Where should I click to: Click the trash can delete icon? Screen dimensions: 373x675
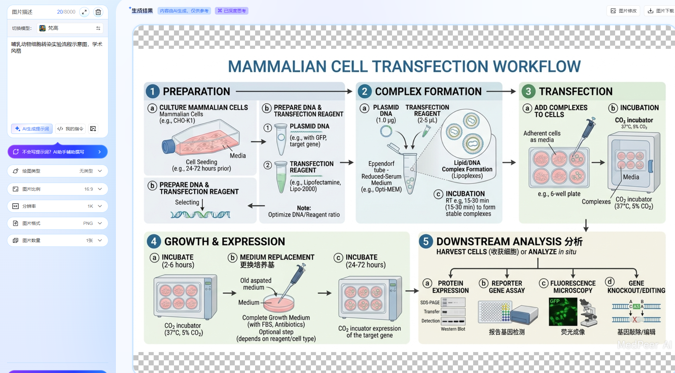[x=98, y=12]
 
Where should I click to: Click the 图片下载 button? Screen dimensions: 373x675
[x=661, y=11]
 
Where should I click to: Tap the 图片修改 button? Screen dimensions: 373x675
[x=623, y=11]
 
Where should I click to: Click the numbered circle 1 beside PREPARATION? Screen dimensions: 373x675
[x=152, y=91]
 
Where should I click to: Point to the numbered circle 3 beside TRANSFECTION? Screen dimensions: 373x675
[x=528, y=91]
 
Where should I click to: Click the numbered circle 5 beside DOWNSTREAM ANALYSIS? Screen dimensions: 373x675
[x=426, y=241]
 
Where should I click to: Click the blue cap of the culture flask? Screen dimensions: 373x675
[x=168, y=147]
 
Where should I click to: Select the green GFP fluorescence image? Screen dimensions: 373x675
[x=563, y=311]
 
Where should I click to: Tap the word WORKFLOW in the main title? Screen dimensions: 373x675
[x=537, y=67]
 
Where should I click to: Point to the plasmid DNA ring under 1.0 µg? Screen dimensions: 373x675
[x=386, y=131]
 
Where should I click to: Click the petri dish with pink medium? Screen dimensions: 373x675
[x=279, y=303]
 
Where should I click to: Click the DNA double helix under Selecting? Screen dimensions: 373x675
[x=200, y=215]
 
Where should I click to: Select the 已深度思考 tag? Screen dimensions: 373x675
[x=232, y=11]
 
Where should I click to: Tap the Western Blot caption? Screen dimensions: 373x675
[x=453, y=329]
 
